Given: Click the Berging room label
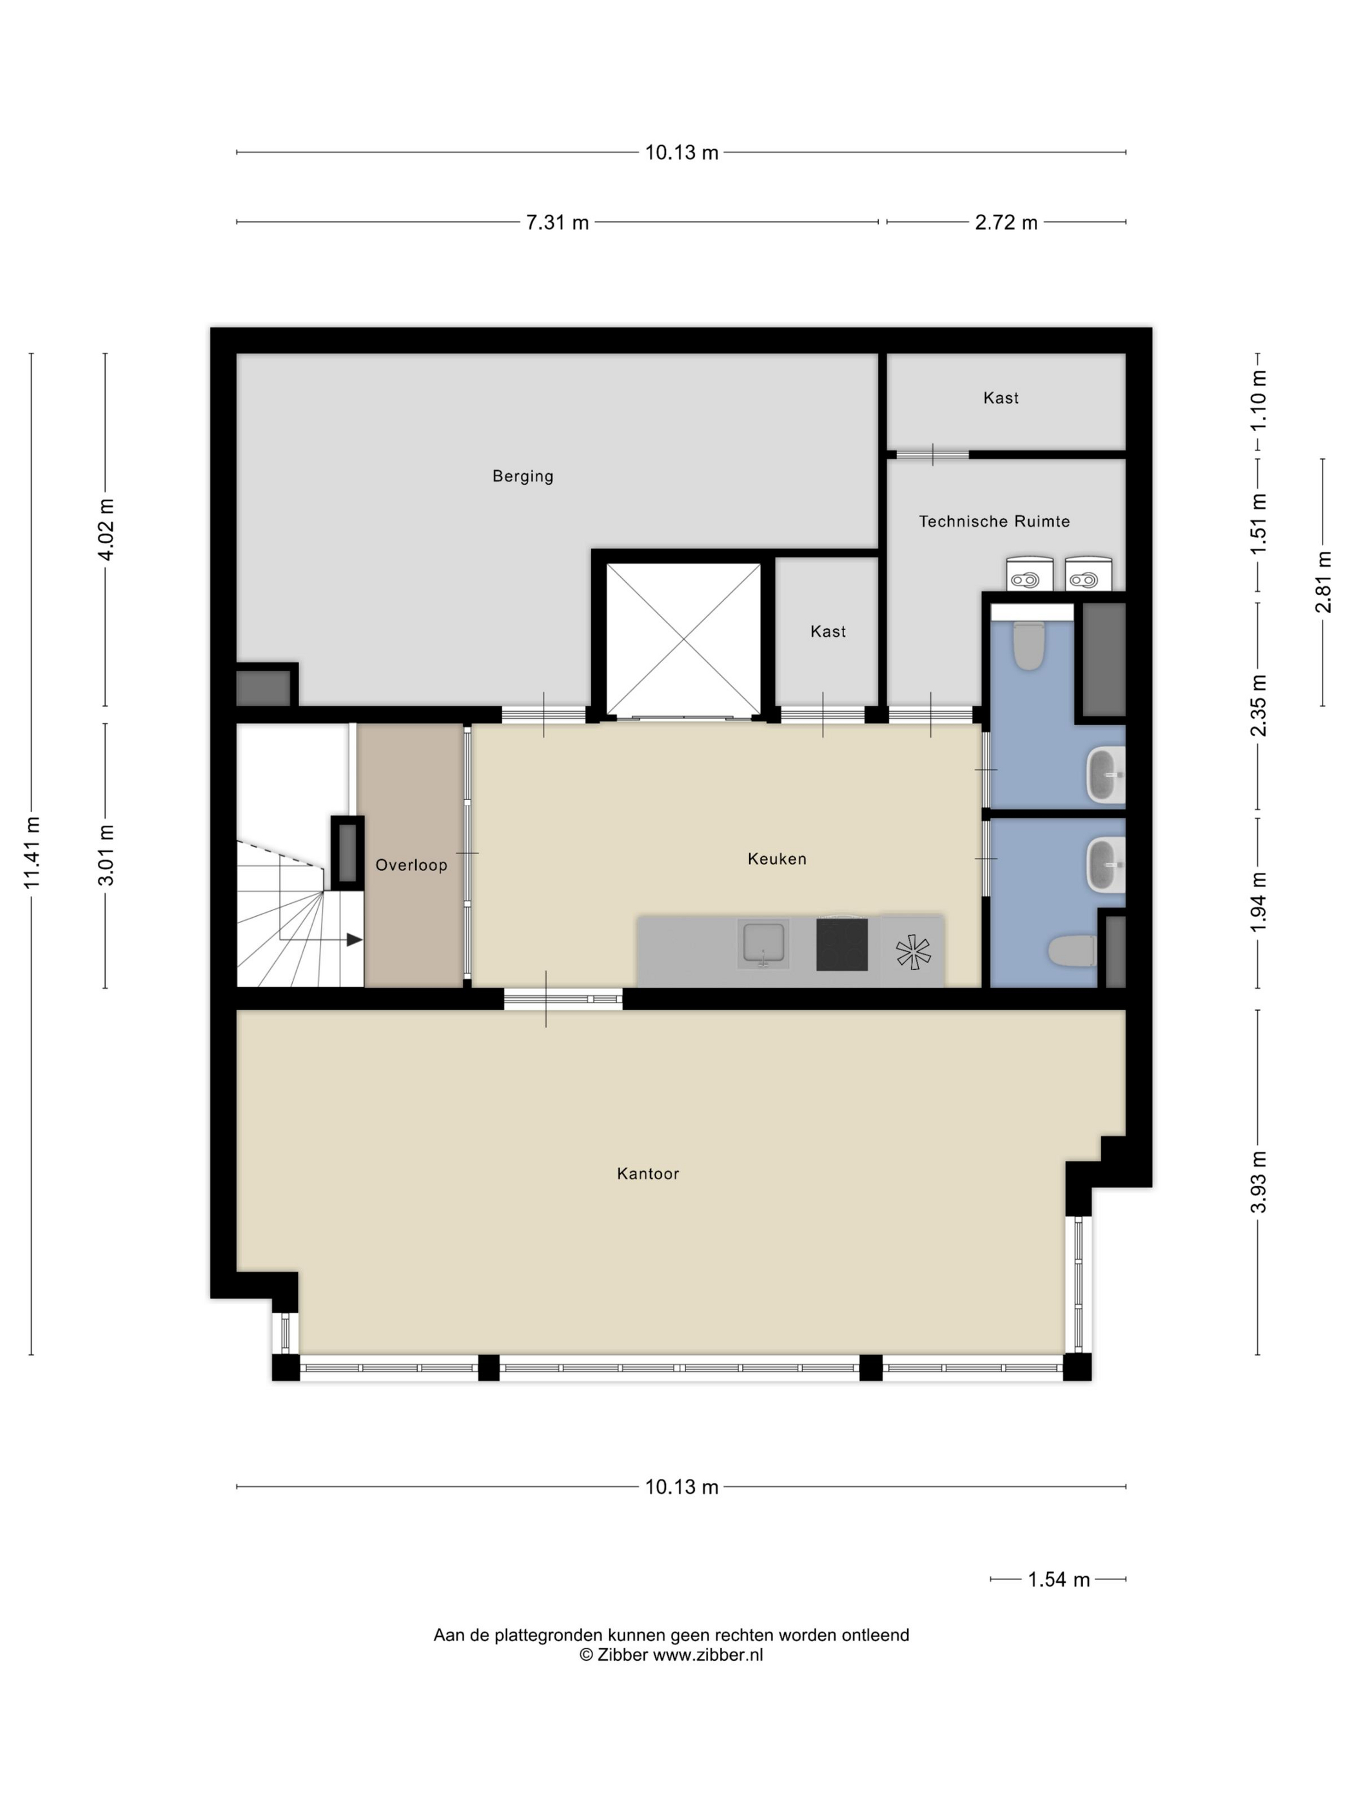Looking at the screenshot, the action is click(x=522, y=476).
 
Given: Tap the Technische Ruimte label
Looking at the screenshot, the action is click(x=994, y=522).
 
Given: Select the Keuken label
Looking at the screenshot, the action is click(x=777, y=859).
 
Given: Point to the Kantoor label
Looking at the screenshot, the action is click(x=648, y=1173).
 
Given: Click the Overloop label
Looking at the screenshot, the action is click(x=411, y=865).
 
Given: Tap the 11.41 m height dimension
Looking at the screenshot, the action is click(x=32, y=853).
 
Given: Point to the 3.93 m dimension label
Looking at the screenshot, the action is click(x=1259, y=1182).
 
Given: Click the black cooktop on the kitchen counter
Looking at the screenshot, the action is click(x=841, y=944).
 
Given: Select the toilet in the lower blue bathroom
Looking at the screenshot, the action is click(x=1072, y=951).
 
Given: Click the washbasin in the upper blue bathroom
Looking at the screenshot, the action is click(x=1106, y=774).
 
